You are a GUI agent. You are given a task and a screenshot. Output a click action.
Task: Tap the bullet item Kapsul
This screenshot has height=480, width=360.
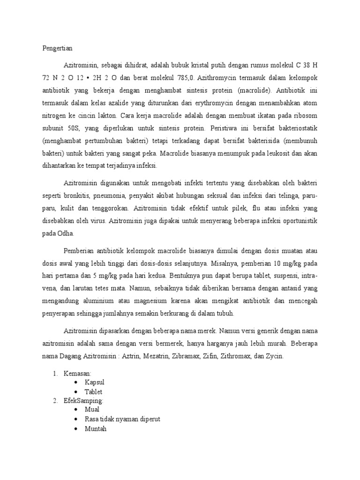click(95, 382)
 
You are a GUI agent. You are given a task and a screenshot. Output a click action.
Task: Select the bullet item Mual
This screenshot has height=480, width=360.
click(92, 409)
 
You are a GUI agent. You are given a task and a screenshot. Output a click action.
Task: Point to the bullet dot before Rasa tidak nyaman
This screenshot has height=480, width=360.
click(76, 419)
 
